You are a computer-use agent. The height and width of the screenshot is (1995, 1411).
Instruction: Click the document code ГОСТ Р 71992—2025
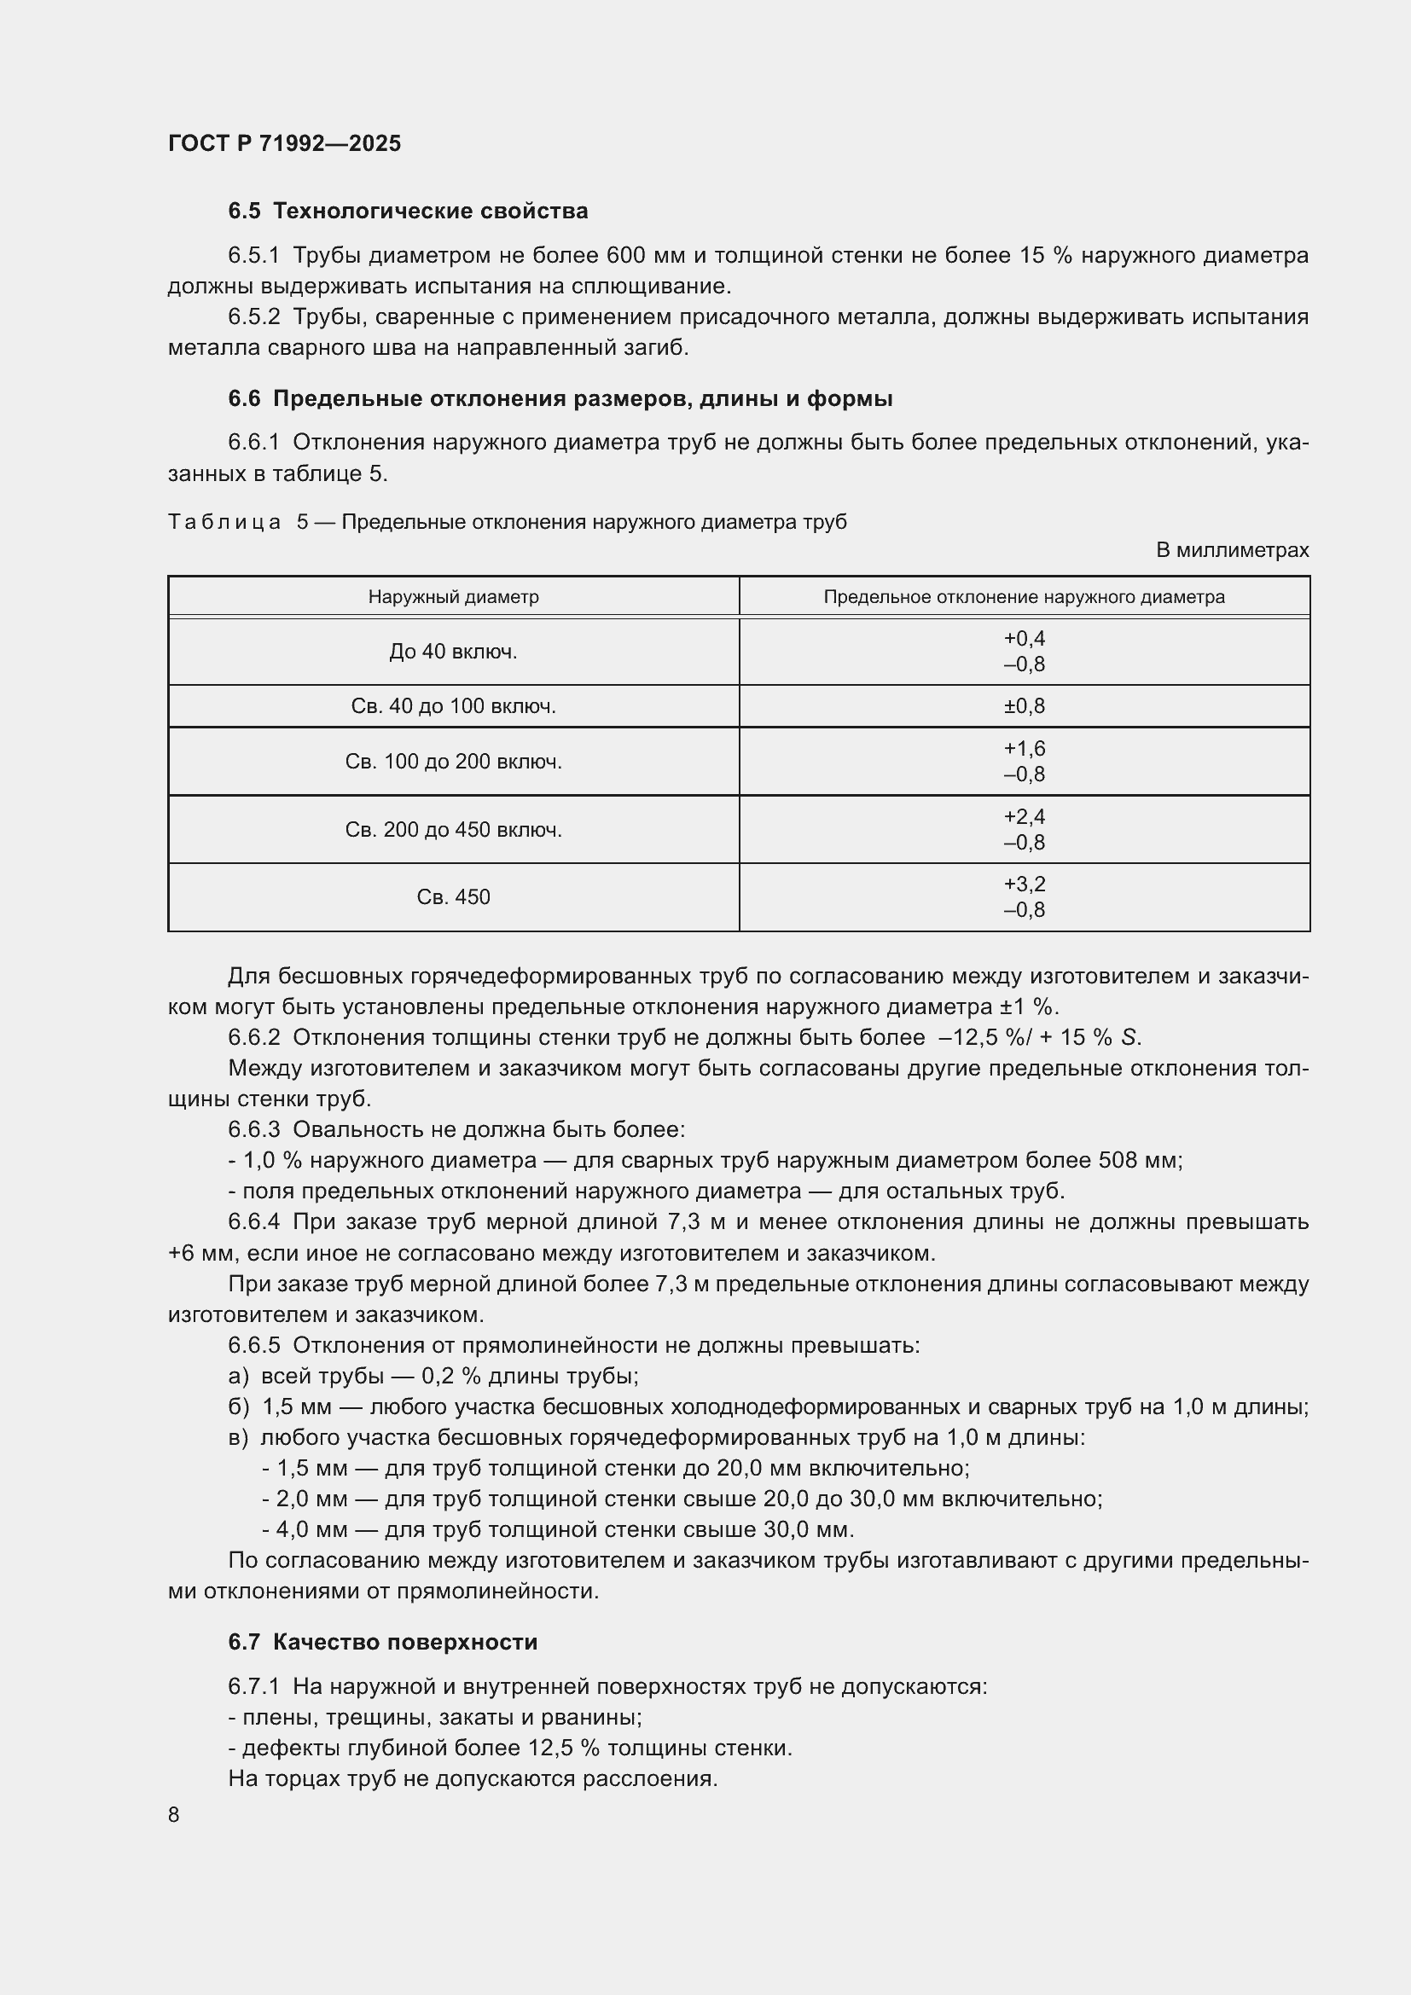pos(284,143)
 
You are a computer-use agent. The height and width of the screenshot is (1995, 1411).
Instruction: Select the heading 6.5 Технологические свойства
pos(408,212)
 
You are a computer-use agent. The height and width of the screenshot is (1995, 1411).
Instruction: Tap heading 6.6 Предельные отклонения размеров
pos(560,399)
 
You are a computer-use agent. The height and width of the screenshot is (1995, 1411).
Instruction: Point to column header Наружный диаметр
pos(453,597)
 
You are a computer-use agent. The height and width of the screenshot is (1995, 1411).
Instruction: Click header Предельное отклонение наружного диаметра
pos(1024,597)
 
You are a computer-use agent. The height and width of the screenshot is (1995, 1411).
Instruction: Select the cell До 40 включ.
pos(453,652)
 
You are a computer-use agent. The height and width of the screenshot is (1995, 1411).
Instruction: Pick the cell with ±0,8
pos(1024,706)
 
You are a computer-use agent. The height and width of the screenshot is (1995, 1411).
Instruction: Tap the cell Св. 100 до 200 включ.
pos(453,762)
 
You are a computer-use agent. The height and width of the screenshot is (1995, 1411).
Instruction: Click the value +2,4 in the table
pos(1024,817)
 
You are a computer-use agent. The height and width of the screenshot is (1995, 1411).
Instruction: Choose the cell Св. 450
pos(453,897)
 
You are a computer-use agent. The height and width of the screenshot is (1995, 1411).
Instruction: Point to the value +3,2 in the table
pos(1024,884)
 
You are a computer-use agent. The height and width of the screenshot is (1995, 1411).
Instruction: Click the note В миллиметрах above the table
pos(1231,550)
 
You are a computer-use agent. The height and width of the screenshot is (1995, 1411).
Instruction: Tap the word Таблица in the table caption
pos(224,522)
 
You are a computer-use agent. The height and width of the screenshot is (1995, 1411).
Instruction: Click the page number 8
pos(174,1814)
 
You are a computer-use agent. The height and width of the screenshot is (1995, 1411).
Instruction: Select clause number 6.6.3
pos(253,1129)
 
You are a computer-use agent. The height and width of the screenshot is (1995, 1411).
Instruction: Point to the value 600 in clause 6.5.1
pos(624,256)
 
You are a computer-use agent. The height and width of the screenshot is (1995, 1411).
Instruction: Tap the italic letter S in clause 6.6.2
pos(1128,1037)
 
